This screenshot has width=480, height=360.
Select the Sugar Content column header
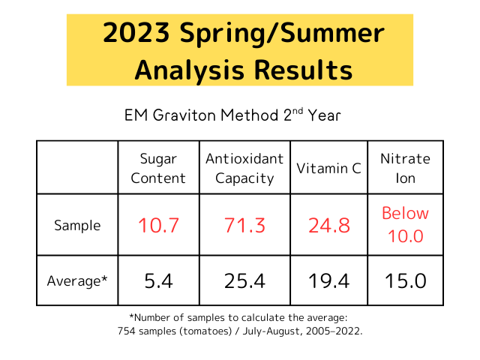point(159,168)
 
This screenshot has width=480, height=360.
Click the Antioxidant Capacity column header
point(244,168)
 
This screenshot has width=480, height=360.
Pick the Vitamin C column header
point(328,168)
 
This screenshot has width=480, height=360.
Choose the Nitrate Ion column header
point(405,168)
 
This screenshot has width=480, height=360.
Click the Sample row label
point(76,225)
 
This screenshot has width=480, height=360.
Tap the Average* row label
point(76,281)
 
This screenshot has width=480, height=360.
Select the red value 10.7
point(159,225)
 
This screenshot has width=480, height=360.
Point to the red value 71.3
point(244,225)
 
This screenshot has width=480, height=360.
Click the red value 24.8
point(328,225)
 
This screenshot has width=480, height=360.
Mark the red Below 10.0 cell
point(405,224)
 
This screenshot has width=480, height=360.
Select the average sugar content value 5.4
point(159,281)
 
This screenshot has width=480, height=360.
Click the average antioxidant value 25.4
point(244,281)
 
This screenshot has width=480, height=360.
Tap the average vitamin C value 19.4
point(328,281)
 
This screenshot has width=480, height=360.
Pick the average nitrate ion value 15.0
point(405,281)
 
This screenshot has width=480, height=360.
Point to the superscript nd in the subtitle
point(295,111)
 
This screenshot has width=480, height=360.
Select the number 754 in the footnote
point(127,331)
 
